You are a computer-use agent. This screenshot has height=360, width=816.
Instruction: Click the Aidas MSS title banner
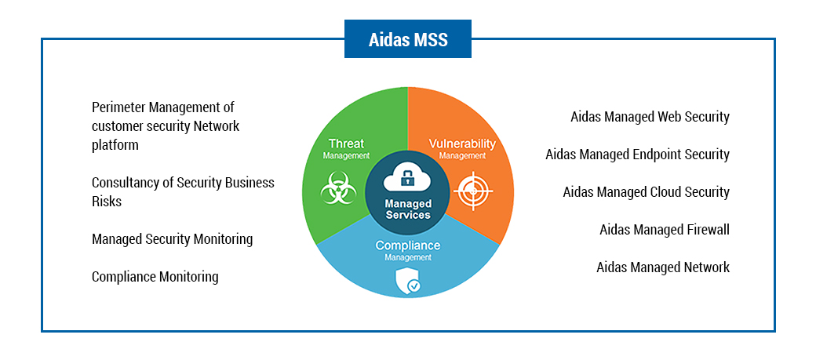408,39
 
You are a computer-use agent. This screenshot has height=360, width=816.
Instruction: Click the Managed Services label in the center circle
408,209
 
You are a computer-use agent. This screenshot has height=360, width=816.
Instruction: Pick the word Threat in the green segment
346,144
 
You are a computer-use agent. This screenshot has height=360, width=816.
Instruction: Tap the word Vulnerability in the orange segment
462,144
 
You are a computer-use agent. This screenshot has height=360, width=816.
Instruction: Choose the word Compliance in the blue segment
408,245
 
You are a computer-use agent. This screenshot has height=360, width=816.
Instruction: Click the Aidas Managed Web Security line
650,117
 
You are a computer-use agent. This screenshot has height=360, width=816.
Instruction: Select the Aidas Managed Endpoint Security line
637,155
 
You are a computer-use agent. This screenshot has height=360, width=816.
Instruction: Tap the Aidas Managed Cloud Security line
646,192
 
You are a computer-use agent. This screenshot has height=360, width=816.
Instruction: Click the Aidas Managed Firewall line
664,230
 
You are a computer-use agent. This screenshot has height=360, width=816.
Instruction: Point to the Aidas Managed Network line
662,267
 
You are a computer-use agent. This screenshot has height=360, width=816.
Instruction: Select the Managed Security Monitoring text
172,239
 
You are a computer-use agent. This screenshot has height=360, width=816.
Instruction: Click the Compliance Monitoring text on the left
155,277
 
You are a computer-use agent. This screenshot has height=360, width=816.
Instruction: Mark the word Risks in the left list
107,202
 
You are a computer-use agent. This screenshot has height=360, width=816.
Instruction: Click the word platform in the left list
115,145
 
